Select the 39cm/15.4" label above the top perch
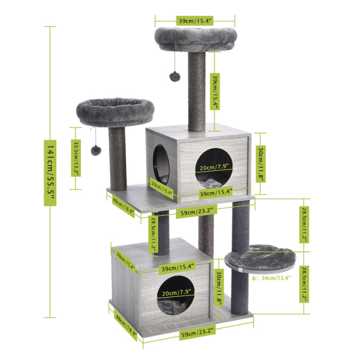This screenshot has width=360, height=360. (x=195, y=21)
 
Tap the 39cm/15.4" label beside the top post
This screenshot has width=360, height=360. (x=215, y=91)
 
